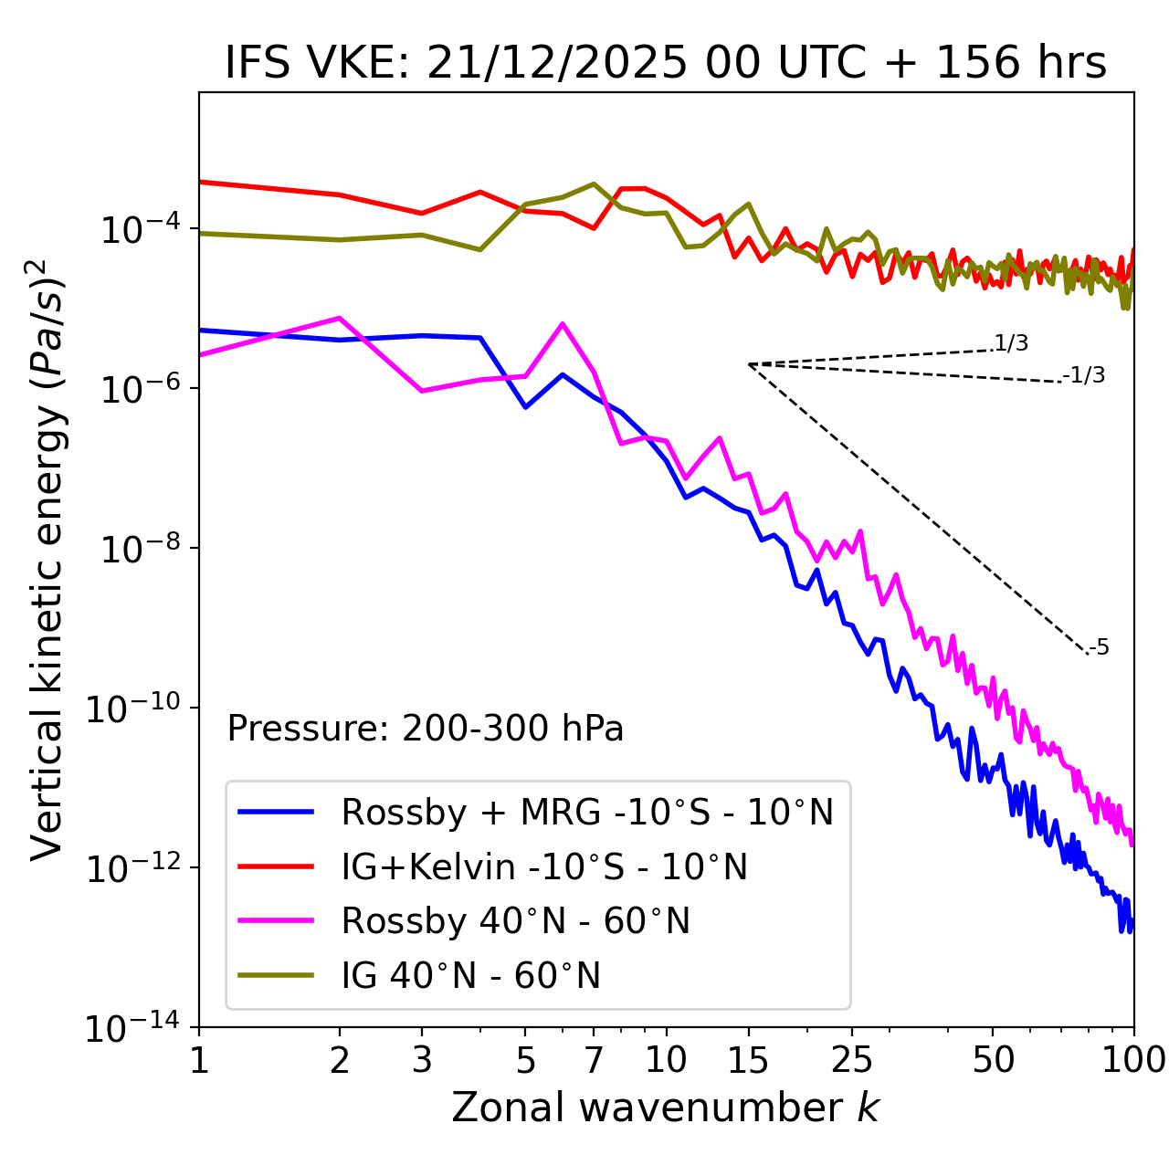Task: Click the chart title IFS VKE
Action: [665, 64]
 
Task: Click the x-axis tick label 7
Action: [594, 1060]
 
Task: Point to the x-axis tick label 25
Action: [852, 1060]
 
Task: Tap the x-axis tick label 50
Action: [993, 1060]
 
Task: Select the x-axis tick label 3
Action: [422, 1060]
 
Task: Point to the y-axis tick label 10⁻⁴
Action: [138, 230]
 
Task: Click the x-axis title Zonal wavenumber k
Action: [665, 1108]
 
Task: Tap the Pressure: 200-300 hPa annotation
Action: [426, 729]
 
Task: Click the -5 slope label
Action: [1100, 648]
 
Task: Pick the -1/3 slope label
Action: [1085, 375]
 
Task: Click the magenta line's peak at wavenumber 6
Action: [563, 324]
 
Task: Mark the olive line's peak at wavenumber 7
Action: [594, 184]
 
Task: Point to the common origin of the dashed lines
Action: [749, 364]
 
